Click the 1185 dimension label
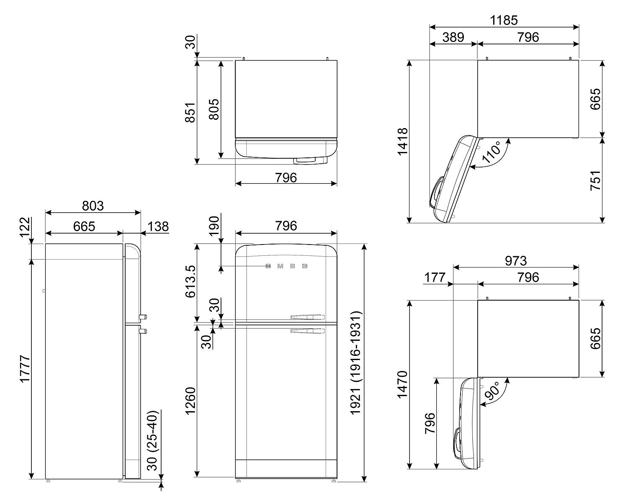coord(504,20)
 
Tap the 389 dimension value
coord(453,37)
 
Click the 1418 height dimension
coord(402,142)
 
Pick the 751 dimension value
coord(595,180)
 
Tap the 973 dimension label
coord(516,260)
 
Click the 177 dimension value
coord(435,277)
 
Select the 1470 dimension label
coord(402,385)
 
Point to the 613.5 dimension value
coord(190,281)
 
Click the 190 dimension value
coord(214,227)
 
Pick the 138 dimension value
coord(158,227)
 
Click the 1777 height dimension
coord(26,368)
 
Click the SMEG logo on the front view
coord(287,266)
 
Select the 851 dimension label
coord(190,112)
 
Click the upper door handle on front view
coord(307,317)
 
